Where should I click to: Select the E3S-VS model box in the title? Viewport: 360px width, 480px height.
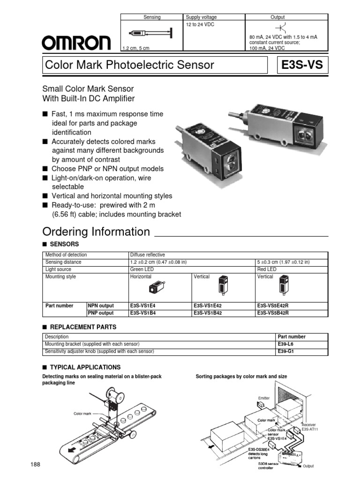pos(302,65)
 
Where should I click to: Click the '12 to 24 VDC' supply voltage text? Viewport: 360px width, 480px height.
pos(200,24)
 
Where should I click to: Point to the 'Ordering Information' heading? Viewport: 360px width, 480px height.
pos(96,232)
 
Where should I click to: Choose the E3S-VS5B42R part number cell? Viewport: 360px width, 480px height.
pos(273,313)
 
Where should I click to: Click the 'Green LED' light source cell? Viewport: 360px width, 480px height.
pos(142,270)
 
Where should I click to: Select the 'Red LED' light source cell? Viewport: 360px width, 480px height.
pos(267,270)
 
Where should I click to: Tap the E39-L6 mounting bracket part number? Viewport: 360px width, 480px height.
pos(285,344)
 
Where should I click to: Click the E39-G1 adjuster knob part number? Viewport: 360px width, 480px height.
pos(285,351)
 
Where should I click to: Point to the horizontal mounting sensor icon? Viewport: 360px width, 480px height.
pos(156,288)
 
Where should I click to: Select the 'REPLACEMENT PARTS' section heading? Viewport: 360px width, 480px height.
pos(82,327)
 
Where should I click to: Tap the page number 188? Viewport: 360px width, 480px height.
pos(36,464)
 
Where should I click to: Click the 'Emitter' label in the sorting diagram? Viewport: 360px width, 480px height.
pos(264,398)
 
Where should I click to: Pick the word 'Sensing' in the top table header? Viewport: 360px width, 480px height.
pos(151,17)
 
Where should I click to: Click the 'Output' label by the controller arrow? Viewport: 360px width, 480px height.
pos(308,466)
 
